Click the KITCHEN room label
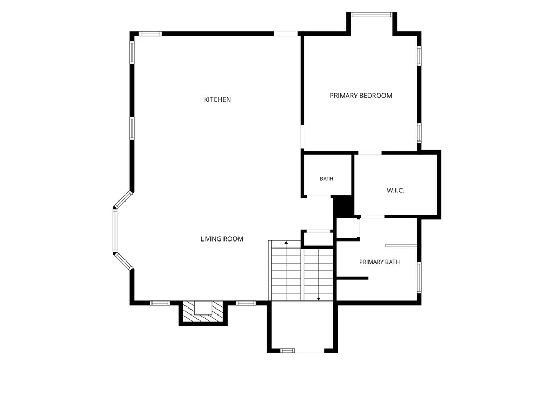[x=217, y=99]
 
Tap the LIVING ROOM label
[x=222, y=239]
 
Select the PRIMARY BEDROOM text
[x=361, y=96]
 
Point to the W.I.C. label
[x=395, y=191]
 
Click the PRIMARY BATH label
[x=379, y=262]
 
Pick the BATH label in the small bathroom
[x=326, y=179]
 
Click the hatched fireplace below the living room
[x=203, y=313]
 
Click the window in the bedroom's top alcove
[x=372, y=15]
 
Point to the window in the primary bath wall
[x=419, y=277]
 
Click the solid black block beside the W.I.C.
[x=344, y=206]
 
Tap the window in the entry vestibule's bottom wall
[x=288, y=350]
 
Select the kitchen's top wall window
[x=150, y=34]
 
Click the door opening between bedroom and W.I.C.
[x=370, y=153]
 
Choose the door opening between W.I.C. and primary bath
[x=372, y=216]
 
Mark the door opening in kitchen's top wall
[x=286, y=34]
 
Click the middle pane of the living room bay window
[x=115, y=231]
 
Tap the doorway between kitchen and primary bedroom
[x=302, y=137]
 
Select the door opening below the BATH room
[x=318, y=196]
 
